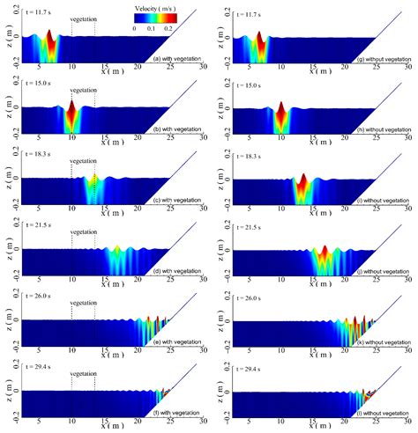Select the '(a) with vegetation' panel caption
[177, 59]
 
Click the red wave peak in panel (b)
[71, 111]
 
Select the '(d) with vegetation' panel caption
[177, 270]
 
